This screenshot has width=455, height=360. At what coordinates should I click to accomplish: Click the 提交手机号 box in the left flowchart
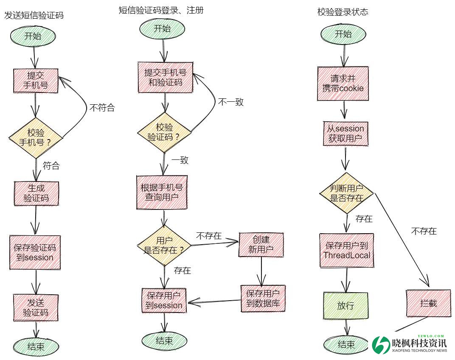pos(36,80)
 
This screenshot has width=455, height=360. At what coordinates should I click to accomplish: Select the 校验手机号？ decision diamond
pos(36,137)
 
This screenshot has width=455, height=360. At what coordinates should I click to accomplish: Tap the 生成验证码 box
pos(36,193)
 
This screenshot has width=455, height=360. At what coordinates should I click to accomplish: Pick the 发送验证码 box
pos(36,308)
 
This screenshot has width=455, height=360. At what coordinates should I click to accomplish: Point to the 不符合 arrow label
pos(102,107)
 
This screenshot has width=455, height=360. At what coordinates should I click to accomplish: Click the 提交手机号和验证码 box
pos(165,77)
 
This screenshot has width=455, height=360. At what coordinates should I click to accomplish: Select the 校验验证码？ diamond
pos(164,132)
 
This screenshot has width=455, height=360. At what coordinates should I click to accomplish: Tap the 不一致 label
pos(231,102)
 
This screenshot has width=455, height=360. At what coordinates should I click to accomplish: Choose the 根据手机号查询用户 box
pos(162,192)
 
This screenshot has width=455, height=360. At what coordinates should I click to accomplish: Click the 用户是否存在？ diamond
pos(164,246)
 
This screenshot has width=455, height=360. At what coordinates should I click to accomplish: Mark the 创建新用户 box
pos(261,245)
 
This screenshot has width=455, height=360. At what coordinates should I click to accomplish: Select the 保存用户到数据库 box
pos(263,299)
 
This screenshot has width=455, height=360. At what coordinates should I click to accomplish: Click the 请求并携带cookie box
pos(343,84)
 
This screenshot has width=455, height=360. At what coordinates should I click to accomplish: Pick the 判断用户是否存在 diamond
pos(346,193)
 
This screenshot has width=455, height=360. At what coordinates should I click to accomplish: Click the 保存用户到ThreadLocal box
pos(347,250)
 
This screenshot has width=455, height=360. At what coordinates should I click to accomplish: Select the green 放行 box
pos(345,305)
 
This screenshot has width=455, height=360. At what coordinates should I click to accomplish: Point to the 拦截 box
pos(428,303)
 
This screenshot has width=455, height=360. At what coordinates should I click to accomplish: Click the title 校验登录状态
pos(343,12)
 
